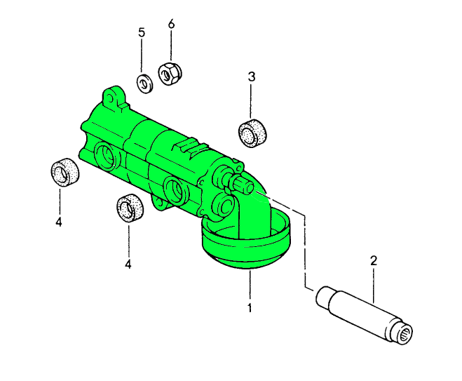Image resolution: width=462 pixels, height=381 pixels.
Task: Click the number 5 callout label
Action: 142,32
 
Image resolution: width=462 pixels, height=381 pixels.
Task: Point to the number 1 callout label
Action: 250,307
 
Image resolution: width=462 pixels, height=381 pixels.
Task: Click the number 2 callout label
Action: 374,261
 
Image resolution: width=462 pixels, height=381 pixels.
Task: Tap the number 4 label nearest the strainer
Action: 128,264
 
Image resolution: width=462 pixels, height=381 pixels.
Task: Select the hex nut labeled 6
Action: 168,73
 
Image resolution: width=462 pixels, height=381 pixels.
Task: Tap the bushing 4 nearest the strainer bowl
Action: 128,207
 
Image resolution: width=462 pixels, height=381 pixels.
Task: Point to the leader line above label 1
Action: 250,285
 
